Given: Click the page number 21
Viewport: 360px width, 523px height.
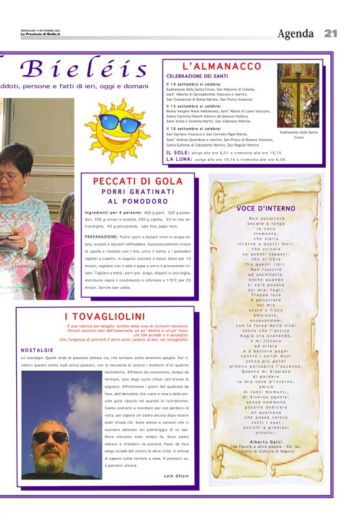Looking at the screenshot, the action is [330, 33].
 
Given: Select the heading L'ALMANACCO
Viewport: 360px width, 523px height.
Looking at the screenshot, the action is [222, 66].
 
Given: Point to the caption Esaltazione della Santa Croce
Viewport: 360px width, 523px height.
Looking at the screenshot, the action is [299, 134].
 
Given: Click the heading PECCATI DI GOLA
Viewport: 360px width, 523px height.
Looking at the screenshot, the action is [138, 181].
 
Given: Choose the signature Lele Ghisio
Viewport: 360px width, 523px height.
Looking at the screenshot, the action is [176, 475].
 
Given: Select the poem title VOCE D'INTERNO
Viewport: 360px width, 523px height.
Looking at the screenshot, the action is [266, 208].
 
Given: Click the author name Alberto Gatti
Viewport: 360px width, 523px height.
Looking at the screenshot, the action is [266, 440].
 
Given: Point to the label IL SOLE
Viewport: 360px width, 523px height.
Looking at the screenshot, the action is [177, 152].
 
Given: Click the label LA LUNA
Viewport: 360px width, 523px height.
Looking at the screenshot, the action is [179, 159].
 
